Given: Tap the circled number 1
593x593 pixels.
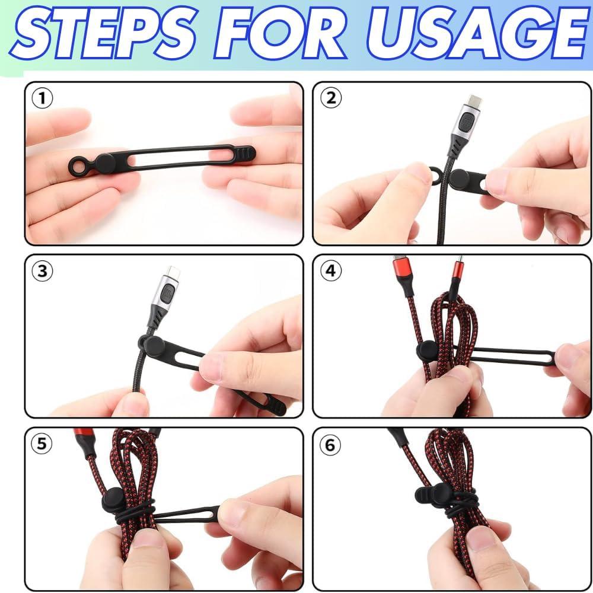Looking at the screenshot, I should (42, 98).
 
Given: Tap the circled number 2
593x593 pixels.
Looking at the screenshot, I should (330, 98).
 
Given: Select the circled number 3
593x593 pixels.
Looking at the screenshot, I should (42, 271).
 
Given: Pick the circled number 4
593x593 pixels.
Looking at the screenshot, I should (330, 271).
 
